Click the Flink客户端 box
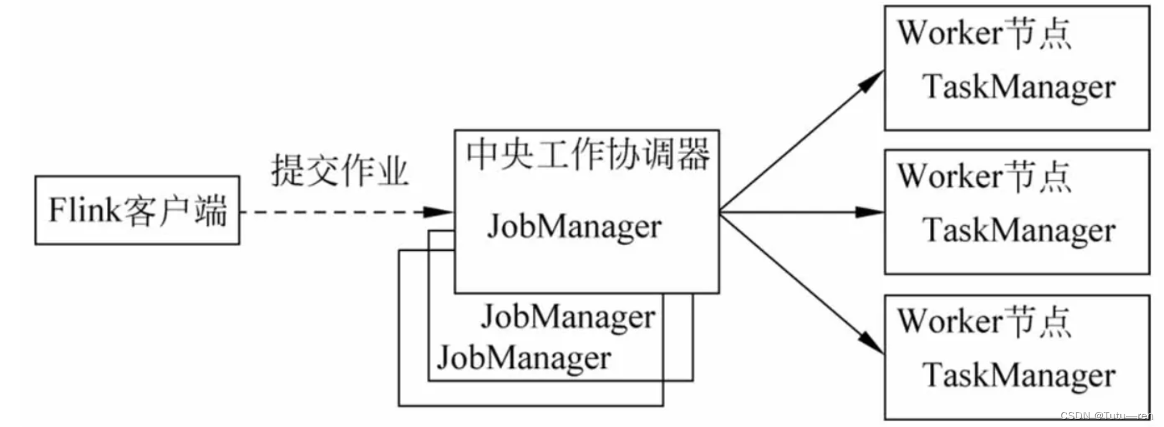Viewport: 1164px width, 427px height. [x=137, y=210]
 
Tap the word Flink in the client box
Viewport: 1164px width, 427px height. [x=75, y=210]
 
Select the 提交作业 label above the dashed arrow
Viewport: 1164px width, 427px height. [x=339, y=171]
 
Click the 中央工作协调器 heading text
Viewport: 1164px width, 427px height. [x=587, y=154]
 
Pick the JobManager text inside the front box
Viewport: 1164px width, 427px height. [x=574, y=226]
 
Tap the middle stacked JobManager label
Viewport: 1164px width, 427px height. [x=568, y=317]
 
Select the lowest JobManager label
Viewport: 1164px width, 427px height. [x=523, y=357]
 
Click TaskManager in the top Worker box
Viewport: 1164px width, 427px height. [x=1018, y=87]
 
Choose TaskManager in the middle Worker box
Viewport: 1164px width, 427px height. [x=1018, y=231]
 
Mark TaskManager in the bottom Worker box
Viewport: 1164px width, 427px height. [x=1018, y=375]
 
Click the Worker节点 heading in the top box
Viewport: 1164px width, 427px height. [x=984, y=33]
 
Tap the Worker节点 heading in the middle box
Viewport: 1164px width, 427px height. [x=984, y=176]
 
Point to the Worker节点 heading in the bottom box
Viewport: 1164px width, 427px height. [x=984, y=321]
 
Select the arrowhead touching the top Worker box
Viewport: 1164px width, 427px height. [x=872, y=80]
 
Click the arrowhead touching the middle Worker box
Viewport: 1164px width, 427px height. [x=870, y=212]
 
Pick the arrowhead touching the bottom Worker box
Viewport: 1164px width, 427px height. [x=872, y=344]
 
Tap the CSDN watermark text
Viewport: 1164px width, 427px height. [x=1106, y=416]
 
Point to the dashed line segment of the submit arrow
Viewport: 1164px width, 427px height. [x=330, y=212]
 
